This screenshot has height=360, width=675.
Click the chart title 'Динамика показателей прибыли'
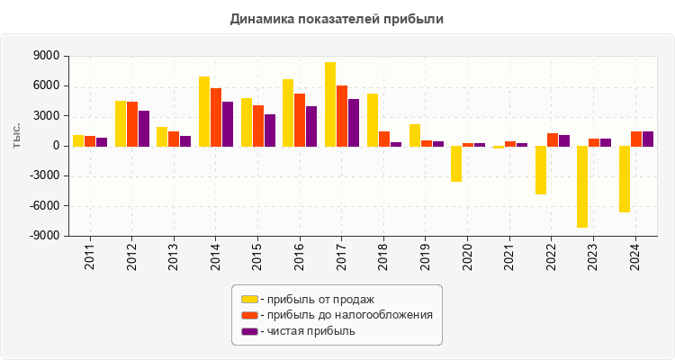[x=337, y=18]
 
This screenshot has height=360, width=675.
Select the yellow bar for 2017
[x=330, y=104]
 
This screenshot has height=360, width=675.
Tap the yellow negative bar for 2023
[x=582, y=186]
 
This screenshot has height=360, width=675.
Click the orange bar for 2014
[x=216, y=117]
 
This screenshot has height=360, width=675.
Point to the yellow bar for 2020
[x=456, y=164]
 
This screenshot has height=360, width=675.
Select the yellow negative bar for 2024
[x=625, y=179]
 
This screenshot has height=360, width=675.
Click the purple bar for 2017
[x=354, y=122]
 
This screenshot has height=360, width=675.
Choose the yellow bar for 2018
[x=373, y=120]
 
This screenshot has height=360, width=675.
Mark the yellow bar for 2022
[x=541, y=170]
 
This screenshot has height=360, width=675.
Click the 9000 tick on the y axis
[x=47, y=56]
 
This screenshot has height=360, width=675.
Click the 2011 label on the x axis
[x=90, y=255]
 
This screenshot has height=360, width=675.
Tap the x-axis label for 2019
[x=427, y=255]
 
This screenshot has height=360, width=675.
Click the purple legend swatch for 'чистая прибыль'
[x=249, y=331]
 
